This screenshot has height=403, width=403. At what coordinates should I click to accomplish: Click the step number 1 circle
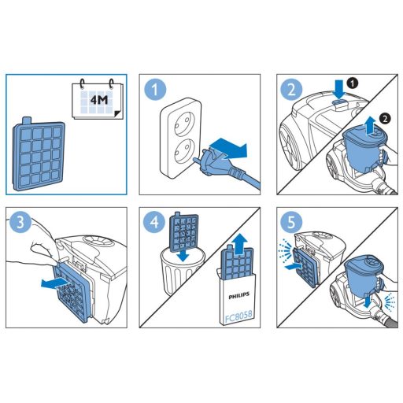pyautogui.click(x=155, y=90)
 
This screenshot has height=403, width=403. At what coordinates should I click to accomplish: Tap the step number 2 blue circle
pyautogui.click(x=291, y=90)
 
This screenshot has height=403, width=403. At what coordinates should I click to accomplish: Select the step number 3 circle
pyautogui.click(x=20, y=223)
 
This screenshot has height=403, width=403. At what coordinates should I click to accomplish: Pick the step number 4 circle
pyautogui.click(x=154, y=223)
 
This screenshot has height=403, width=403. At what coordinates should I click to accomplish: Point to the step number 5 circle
pyautogui.click(x=291, y=223)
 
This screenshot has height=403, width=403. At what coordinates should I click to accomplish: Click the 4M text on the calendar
pyautogui.click(x=99, y=100)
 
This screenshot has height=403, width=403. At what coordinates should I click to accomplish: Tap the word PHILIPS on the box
pyautogui.click(x=238, y=296)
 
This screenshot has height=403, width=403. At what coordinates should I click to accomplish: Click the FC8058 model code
pyautogui.click(x=238, y=317)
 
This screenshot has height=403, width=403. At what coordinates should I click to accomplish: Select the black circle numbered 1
pyautogui.click(x=352, y=83)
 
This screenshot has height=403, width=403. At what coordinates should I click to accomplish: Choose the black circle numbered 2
pyautogui.click(x=385, y=119)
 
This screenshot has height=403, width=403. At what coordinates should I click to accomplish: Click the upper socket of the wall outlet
pyautogui.click(x=181, y=121)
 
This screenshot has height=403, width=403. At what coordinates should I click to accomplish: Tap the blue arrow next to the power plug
pyautogui.click(x=228, y=148)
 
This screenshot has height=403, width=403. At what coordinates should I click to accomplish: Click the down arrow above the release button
pyautogui.click(x=340, y=90)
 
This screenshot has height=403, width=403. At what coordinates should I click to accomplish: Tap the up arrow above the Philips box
pyautogui.click(x=240, y=244)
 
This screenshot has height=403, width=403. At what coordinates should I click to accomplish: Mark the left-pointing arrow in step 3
pyautogui.click(x=54, y=283)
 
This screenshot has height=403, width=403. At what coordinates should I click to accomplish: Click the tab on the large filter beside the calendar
pyautogui.click(x=27, y=120)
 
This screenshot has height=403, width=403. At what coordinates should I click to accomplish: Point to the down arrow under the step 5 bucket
pyautogui.click(x=368, y=303)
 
